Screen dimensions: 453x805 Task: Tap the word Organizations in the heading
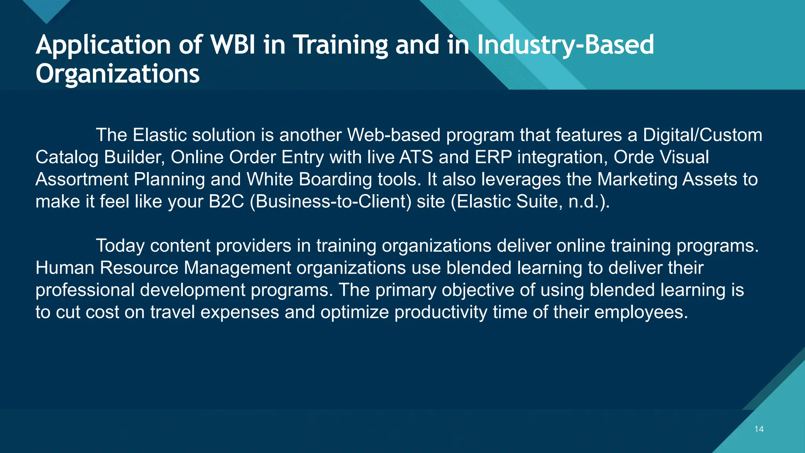click(x=118, y=74)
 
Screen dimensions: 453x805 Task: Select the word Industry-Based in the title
click(x=565, y=44)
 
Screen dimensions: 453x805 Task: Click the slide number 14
click(x=759, y=429)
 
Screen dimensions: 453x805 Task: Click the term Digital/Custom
click(x=702, y=135)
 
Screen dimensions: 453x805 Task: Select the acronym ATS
click(x=416, y=157)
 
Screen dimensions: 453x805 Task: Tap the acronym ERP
click(x=493, y=157)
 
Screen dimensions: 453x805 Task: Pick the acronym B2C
click(x=226, y=201)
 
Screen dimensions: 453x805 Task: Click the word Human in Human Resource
click(x=65, y=268)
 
